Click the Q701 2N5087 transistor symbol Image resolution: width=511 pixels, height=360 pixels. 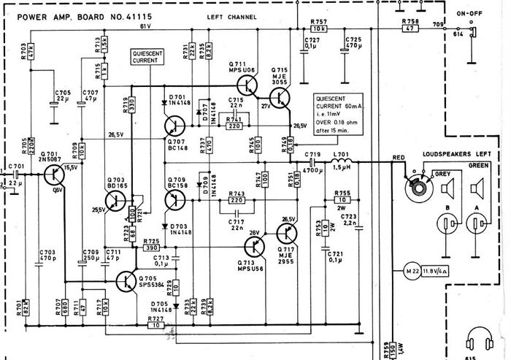pos(53,175)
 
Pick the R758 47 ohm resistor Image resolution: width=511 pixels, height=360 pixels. pos(410,30)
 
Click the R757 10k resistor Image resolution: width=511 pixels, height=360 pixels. pos(318,30)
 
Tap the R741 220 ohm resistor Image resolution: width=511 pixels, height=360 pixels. pos(234,126)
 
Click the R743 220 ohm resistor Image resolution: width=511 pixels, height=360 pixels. pos(236,200)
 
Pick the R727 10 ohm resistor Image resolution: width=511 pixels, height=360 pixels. pos(154,325)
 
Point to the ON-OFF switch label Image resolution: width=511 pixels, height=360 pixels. pos(468,13)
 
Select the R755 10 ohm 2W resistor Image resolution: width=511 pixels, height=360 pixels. pos(342,200)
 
